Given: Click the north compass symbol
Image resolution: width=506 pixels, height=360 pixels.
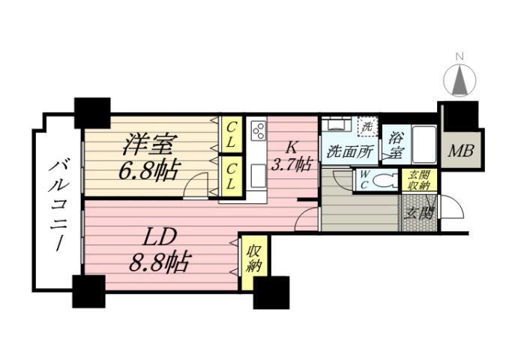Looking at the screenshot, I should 461,78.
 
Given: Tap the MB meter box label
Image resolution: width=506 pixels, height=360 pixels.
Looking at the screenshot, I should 461,151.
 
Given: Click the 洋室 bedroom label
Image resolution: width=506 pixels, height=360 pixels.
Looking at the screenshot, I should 145,143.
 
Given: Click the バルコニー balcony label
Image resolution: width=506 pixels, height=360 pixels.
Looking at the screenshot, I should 56,204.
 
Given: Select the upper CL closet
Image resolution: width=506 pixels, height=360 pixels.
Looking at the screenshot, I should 231,135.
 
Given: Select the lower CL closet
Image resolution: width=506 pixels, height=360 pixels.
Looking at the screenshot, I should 231,175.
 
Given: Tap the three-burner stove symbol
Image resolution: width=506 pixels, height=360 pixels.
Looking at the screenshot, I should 258,130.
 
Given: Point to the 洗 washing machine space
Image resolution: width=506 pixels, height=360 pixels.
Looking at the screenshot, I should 367,127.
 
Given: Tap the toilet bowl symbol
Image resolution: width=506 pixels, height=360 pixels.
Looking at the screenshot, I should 383,181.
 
